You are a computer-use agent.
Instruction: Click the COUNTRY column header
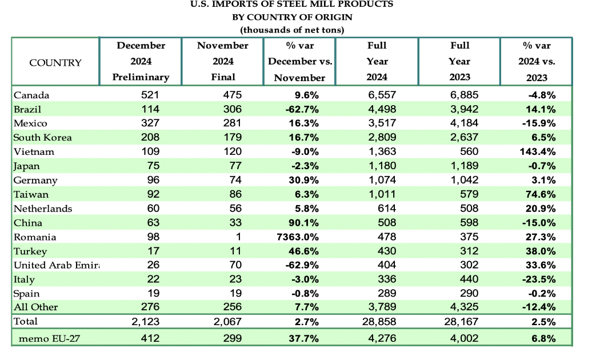(x=55, y=63)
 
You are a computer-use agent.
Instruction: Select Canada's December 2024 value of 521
(x=150, y=95)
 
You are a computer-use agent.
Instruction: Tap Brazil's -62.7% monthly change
(x=302, y=109)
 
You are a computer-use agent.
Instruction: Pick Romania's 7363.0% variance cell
(x=298, y=237)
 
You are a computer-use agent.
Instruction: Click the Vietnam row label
(x=34, y=152)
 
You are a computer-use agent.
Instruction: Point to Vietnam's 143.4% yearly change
(x=538, y=152)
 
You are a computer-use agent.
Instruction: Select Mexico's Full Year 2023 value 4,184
(x=464, y=123)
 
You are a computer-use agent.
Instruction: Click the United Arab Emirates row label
(x=56, y=266)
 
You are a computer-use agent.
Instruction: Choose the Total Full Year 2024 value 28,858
(x=379, y=322)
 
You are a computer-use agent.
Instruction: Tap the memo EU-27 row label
(x=49, y=339)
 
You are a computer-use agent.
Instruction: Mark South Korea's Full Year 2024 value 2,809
(x=382, y=137)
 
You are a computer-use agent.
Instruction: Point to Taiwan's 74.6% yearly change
(x=541, y=194)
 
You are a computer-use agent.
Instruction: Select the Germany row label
(x=35, y=181)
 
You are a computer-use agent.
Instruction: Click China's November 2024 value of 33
(x=235, y=223)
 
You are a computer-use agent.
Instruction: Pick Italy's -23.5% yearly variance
(x=539, y=279)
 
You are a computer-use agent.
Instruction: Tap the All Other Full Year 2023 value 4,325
(x=464, y=307)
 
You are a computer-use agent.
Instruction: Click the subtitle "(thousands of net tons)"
(x=292, y=30)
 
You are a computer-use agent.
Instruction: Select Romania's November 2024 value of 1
(x=238, y=237)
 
